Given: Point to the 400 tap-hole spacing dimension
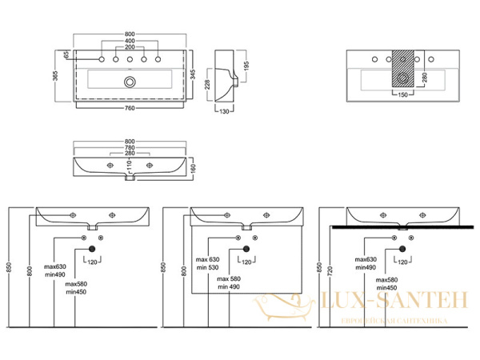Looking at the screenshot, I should click(129, 41).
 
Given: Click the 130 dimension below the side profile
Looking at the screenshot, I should click(226, 112).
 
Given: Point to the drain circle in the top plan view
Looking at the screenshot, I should click(129, 82).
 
